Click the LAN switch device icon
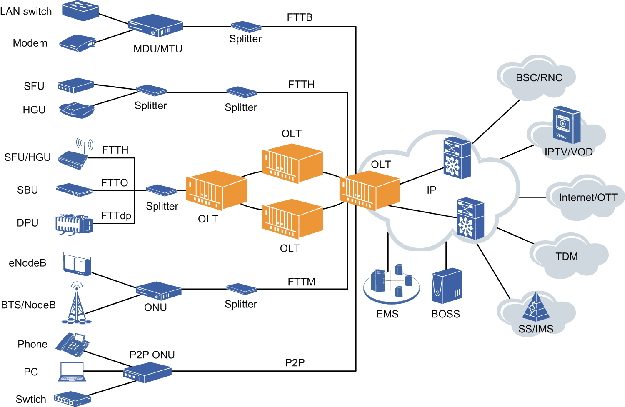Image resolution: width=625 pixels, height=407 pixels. click(x=80, y=10)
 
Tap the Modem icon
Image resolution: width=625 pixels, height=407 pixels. click(x=78, y=43)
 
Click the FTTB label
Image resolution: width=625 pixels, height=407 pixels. click(x=300, y=17)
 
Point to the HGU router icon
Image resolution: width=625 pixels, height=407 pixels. click(x=77, y=110)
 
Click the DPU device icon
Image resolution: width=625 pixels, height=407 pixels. click(x=74, y=225)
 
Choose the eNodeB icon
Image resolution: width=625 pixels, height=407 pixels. click(x=77, y=264)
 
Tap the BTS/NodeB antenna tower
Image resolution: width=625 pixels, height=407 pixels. click(x=76, y=304)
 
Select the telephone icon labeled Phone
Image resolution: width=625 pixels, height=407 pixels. click(x=73, y=344)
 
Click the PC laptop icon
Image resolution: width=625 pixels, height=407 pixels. click(x=72, y=372)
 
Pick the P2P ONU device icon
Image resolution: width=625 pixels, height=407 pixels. click(x=147, y=372)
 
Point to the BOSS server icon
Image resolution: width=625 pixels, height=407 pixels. click(x=447, y=286)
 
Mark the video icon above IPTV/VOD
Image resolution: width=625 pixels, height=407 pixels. click(x=566, y=125)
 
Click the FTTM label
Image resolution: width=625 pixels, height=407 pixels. click(x=301, y=282)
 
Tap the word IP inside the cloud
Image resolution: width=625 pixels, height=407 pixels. click(x=431, y=190)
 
